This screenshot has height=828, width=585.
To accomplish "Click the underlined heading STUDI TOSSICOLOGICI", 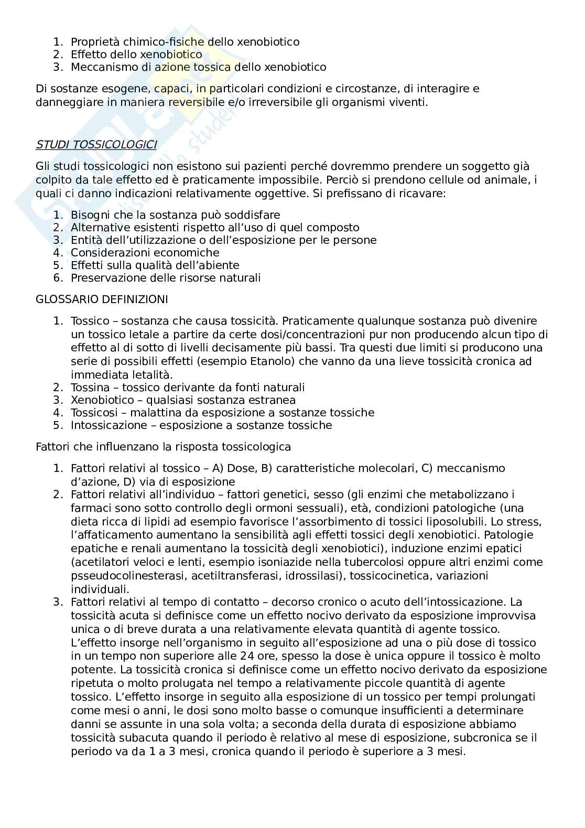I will [x=96, y=145].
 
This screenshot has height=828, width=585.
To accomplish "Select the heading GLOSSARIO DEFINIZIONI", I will [x=102, y=299].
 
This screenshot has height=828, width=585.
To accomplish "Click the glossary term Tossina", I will [x=90, y=388].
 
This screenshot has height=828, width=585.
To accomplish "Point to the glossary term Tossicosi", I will [x=93, y=413].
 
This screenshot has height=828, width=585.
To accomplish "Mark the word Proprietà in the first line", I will [x=93, y=41].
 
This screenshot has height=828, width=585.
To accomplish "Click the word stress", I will [x=526, y=522].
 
